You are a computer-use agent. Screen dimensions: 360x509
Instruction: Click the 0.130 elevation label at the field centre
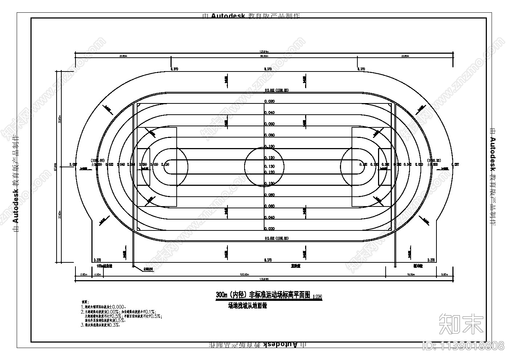(269, 166)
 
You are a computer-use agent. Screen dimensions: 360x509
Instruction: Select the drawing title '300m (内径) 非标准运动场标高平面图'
(263, 295)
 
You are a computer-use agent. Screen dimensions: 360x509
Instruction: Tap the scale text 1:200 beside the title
(317, 297)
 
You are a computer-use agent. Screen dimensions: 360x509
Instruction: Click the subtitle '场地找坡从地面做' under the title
(247, 306)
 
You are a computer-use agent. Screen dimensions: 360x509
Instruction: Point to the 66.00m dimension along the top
(264, 56)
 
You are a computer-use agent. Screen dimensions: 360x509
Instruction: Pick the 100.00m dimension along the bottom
(244, 275)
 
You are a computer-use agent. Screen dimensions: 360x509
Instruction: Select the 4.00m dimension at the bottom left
(97, 275)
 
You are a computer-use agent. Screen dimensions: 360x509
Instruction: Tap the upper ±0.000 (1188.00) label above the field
(276, 90)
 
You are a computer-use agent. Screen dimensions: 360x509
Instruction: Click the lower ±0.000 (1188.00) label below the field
(276, 238)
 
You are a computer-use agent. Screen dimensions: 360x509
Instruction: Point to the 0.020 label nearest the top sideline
(269, 102)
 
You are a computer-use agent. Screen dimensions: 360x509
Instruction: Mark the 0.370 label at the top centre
(268, 69)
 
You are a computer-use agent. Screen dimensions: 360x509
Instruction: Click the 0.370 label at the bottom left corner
(97, 260)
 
